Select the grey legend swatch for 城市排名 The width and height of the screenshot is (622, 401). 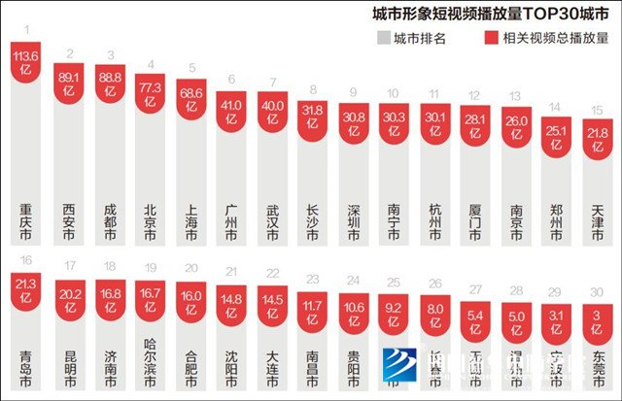click(x=385, y=39)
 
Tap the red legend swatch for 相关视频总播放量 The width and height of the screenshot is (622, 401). click(x=492, y=39)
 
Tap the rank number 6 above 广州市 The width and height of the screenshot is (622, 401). click(x=231, y=80)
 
